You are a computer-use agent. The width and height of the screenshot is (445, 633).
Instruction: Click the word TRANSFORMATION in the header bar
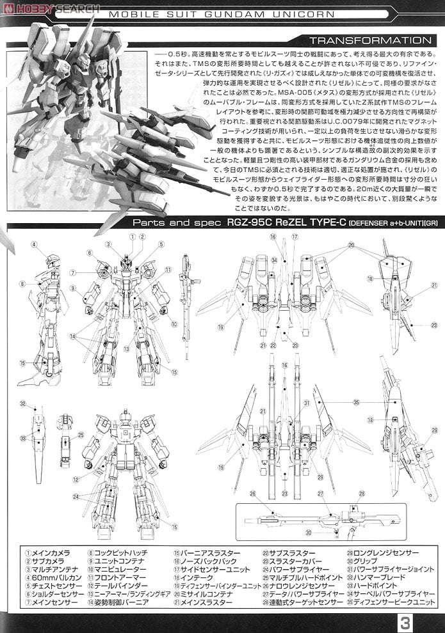[x=370, y=40]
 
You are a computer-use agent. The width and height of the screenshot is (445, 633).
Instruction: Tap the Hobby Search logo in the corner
[x=50, y=8]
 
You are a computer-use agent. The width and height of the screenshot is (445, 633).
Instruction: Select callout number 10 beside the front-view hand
[x=174, y=324]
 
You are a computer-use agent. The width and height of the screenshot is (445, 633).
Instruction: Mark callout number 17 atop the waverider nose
[x=295, y=237]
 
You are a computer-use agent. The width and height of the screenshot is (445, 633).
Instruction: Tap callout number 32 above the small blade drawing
[x=22, y=403]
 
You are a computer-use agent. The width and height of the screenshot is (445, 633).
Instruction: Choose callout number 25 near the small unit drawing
[x=81, y=435]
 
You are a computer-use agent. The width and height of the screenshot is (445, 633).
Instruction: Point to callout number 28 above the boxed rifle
[x=362, y=494]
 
